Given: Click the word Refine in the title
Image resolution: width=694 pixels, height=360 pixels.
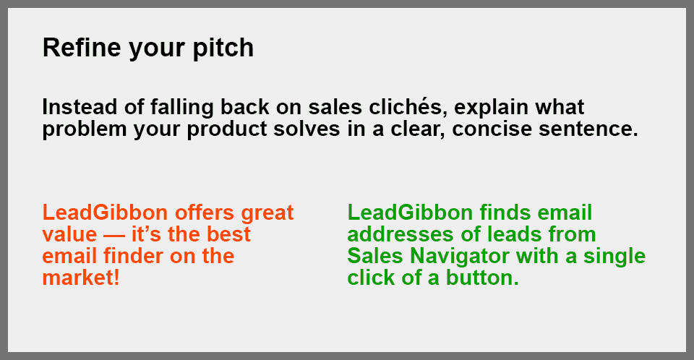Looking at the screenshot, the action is click(82, 47).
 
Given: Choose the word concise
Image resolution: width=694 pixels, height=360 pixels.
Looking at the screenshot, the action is click(492, 129).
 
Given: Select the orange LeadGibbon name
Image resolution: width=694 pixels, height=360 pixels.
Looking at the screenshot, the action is click(105, 213).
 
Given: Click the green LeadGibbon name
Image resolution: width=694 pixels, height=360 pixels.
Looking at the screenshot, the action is click(410, 213).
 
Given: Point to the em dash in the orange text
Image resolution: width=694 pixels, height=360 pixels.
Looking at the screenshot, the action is click(114, 236).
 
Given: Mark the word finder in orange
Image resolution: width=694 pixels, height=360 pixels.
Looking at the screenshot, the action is click(133, 256).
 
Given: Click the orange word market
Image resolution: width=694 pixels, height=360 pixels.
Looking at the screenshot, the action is click(78, 278).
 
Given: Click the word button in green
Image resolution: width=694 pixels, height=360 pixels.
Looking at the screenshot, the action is click(482, 278).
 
